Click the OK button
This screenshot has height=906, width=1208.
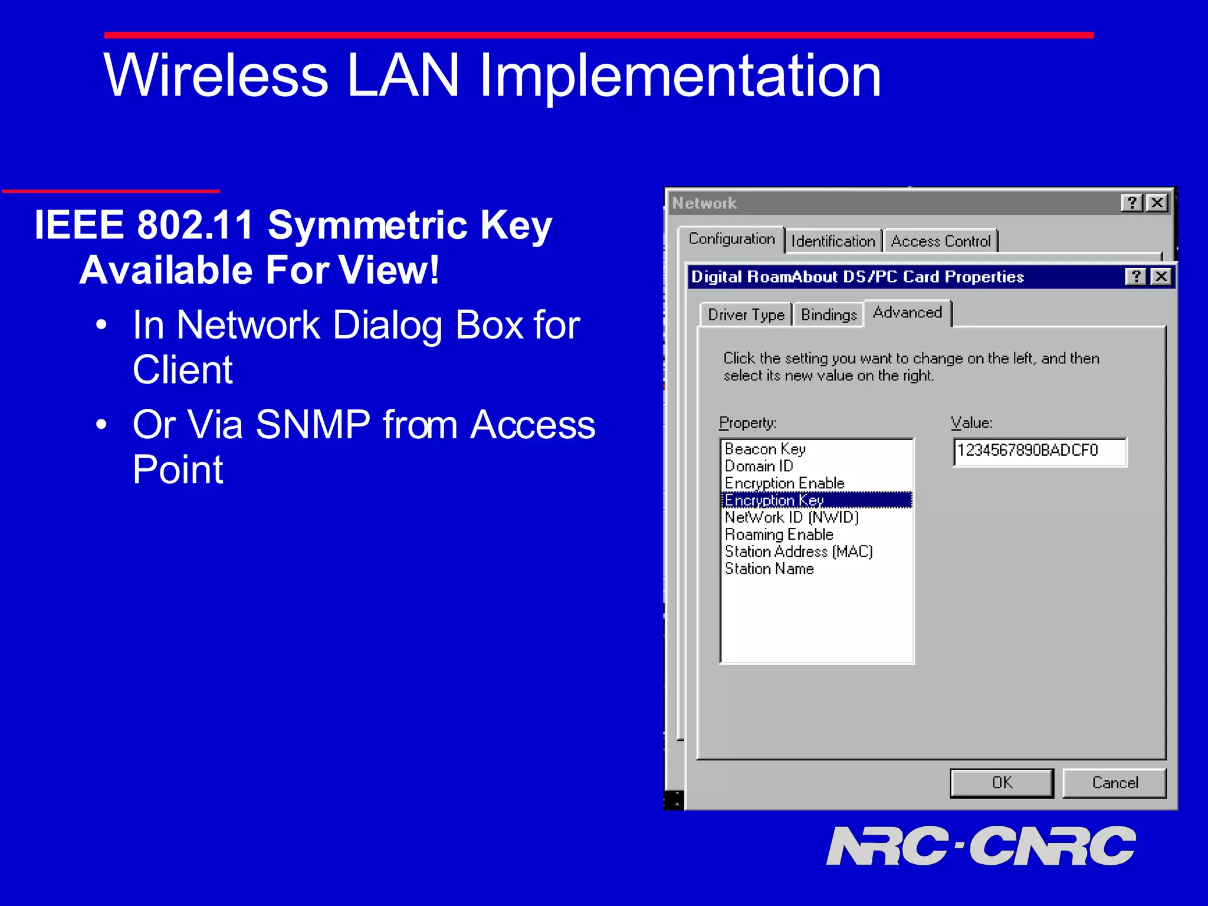point(1002,783)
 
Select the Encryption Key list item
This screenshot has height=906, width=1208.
point(774,500)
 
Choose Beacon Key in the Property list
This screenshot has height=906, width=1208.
point(765,449)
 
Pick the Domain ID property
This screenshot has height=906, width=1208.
point(759,466)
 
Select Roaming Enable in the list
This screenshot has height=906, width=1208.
point(779,534)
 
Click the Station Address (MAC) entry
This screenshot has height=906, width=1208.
point(798,552)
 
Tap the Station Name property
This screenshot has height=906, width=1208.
point(769,569)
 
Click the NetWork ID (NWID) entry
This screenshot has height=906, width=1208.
point(791,517)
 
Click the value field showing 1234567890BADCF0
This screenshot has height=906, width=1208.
point(1039,451)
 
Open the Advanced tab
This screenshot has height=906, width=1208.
point(907,313)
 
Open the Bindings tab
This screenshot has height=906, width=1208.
point(829,315)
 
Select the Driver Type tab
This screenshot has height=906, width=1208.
point(746,315)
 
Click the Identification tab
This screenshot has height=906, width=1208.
point(833,241)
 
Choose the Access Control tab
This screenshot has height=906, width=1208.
point(940,241)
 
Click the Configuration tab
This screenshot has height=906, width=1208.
point(731,239)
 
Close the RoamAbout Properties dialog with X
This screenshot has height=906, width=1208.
point(1161,277)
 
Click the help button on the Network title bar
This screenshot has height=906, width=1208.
point(1131,203)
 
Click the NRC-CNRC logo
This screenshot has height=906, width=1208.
point(980,846)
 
